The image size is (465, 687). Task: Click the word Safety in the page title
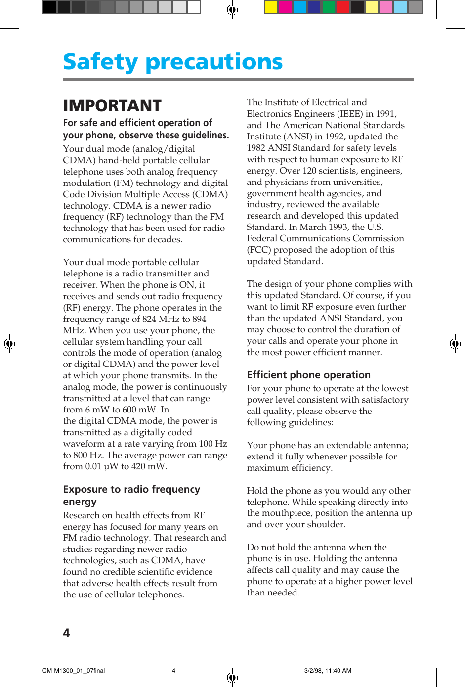click(x=100, y=62)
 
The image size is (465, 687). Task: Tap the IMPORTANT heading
click(x=112, y=106)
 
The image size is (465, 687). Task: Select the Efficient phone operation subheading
click(x=308, y=375)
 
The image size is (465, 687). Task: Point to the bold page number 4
click(x=66, y=633)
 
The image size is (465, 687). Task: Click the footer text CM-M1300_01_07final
click(x=74, y=671)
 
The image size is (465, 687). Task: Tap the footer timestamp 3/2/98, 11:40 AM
click(x=328, y=671)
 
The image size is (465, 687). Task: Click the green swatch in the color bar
click(x=329, y=7)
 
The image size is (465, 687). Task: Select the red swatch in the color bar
click(x=343, y=7)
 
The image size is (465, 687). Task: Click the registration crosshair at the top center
click(x=232, y=9)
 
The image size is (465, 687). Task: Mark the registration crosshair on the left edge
click(x=9, y=343)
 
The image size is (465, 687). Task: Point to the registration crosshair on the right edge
click(x=456, y=343)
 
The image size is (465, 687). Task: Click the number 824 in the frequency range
click(x=149, y=319)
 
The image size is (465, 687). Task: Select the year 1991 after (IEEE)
click(x=385, y=114)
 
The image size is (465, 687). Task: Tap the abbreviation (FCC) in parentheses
click(x=259, y=250)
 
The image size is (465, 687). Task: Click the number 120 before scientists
click(x=309, y=171)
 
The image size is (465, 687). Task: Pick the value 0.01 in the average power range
click(x=93, y=466)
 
